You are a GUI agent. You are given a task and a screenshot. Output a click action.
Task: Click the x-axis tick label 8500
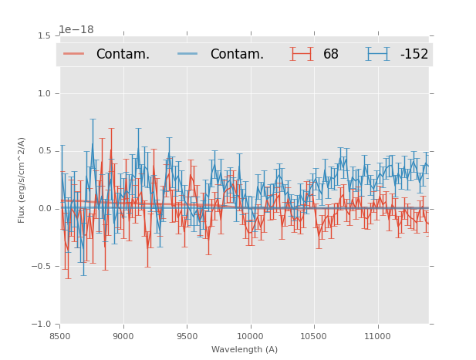pos(60,336)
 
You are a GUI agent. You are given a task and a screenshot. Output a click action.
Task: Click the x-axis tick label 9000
pos(123,336)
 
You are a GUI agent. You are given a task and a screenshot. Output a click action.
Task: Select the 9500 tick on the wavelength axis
pos(187,336)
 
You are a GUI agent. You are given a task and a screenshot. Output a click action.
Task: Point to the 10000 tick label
pos(250,336)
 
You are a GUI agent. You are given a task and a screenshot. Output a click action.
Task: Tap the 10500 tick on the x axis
pos(314,336)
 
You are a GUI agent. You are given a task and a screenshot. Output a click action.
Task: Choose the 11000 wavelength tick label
pos(377,336)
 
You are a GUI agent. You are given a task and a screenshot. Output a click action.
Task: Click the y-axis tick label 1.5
pos(44,36)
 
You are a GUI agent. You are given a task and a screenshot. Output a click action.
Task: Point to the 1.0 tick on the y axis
pos(44,94)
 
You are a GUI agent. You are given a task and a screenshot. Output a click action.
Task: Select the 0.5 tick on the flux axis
pos(44,151)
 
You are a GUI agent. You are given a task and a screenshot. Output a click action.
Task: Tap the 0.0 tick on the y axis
pos(44,209)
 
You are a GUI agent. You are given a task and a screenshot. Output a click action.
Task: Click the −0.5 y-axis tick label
pos(42,267)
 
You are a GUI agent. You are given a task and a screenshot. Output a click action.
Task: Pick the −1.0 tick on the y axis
pos(42,325)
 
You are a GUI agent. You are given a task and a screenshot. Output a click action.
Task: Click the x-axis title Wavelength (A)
pos(245,349)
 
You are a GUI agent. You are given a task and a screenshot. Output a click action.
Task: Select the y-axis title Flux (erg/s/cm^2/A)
pos(22,180)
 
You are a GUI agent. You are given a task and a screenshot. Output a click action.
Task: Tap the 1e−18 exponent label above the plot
pos(76,30)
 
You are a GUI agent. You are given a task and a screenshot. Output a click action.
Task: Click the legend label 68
pos(331,55)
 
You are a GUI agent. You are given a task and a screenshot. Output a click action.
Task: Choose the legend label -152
pos(414,55)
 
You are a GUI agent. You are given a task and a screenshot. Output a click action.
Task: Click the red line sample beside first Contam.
pos(75,54)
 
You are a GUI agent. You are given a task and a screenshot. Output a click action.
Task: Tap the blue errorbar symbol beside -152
pos(377,54)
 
